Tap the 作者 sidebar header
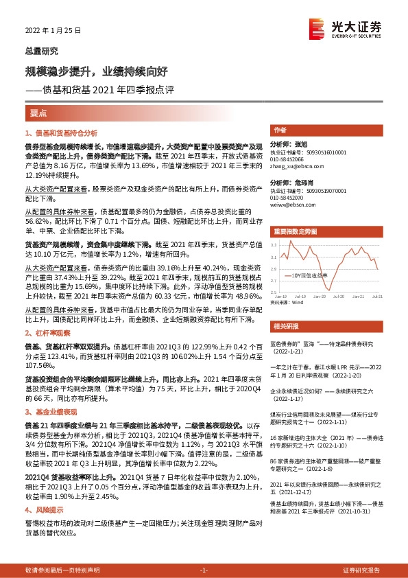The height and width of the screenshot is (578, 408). click(280, 129)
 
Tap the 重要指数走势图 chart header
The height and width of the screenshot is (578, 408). click(294, 231)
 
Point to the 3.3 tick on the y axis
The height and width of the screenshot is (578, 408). click(274, 244)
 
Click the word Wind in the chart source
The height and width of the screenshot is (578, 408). click(296, 301)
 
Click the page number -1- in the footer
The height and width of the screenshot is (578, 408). click(204, 570)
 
